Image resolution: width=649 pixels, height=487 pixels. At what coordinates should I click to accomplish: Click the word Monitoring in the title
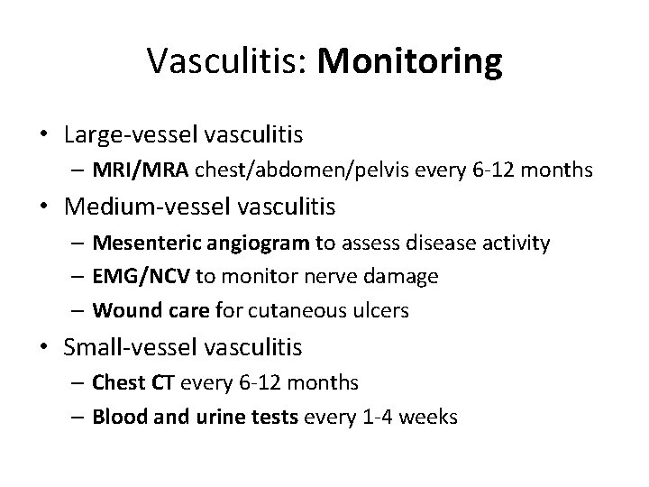point(410,63)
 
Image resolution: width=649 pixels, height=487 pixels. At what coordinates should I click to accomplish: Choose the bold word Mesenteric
point(149,243)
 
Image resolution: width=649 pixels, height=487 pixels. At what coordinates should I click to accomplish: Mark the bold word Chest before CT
point(116,382)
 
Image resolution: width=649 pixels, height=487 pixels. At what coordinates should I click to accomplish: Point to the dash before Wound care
point(78,311)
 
